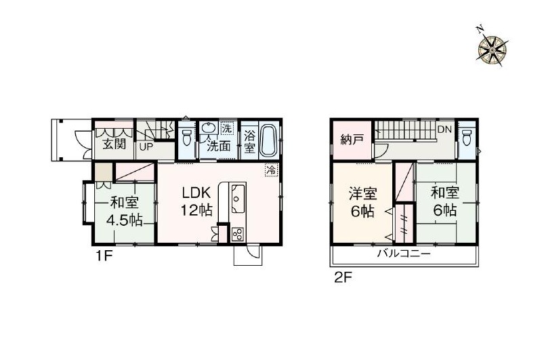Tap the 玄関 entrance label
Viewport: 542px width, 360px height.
[x=114, y=144]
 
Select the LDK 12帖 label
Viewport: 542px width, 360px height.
[x=197, y=201]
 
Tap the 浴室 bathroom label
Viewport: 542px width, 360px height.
[x=249, y=140]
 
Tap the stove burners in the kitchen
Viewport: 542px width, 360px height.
[x=238, y=234]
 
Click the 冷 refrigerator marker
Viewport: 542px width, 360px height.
[x=270, y=169]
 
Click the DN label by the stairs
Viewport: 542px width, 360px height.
[x=444, y=129]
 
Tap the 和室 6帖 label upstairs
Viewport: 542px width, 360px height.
[x=445, y=201]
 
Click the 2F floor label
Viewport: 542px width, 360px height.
[x=341, y=277]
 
